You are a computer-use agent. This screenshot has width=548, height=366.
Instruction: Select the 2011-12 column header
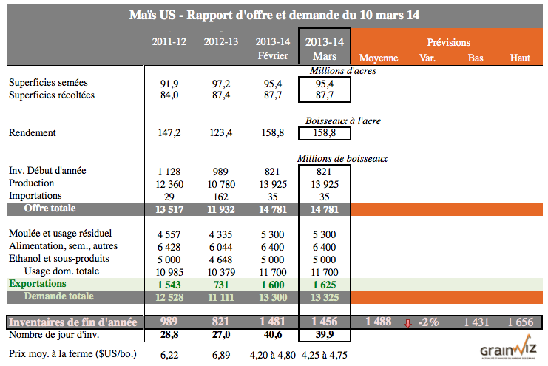(x=169, y=41)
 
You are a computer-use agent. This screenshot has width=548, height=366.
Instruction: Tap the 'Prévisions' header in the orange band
(x=448, y=42)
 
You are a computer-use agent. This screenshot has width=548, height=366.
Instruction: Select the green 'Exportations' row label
(x=38, y=283)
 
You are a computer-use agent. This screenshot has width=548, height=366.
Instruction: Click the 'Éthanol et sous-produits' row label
(x=58, y=258)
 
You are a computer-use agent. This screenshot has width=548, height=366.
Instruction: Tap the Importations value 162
(x=220, y=196)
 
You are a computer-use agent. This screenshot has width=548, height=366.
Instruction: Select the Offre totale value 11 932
(x=220, y=209)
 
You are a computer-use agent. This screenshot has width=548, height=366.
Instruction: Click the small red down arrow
(x=407, y=322)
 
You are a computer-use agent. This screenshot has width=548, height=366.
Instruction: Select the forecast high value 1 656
(x=520, y=322)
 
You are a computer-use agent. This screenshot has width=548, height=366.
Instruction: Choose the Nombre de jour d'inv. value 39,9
(x=325, y=336)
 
